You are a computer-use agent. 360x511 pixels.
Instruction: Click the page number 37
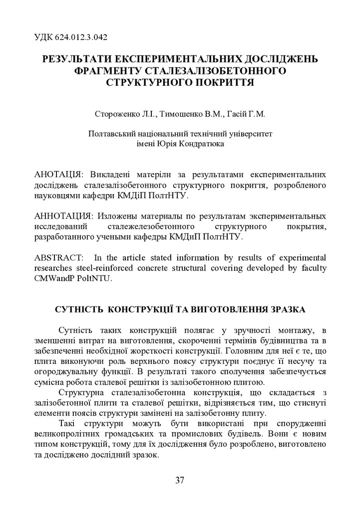coord(180,481)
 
